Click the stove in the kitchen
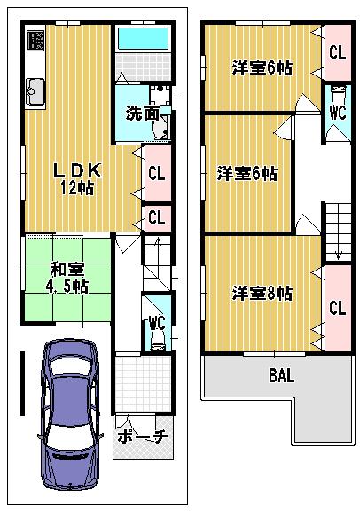point(35,41)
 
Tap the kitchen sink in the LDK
point(36,89)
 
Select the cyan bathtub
point(142,39)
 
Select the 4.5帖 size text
point(67,286)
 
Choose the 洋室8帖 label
point(263,292)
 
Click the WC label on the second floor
point(336,113)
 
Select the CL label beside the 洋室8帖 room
point(336,308)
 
